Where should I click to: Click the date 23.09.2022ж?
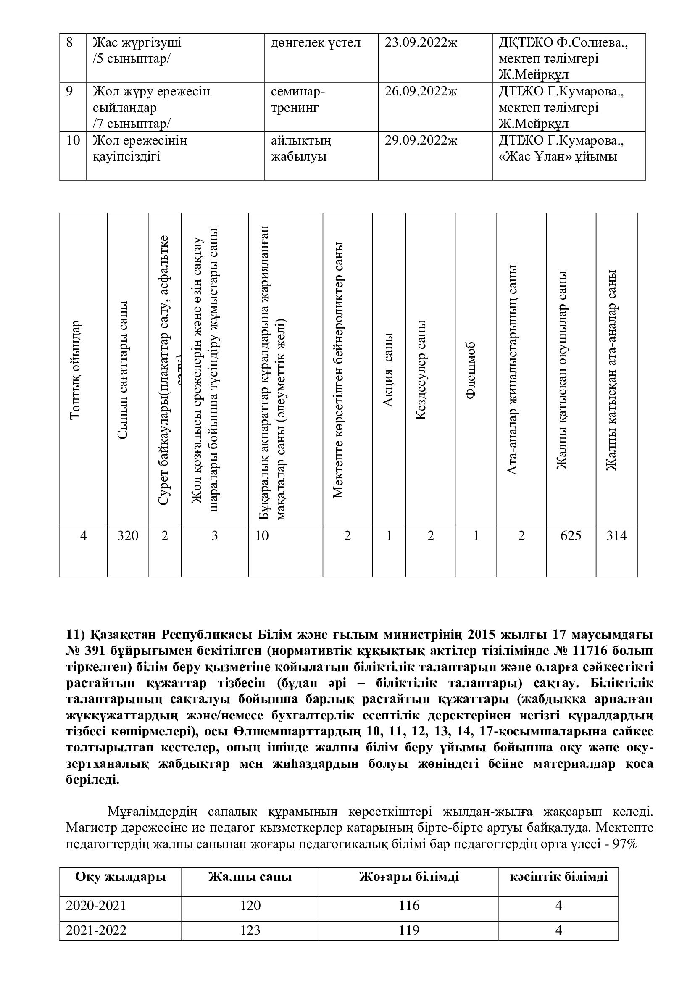(x=421, y=43)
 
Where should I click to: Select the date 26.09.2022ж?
(x=421, y=92)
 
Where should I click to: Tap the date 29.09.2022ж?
(x=421, y=140)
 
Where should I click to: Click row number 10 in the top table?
(x=73, y=140)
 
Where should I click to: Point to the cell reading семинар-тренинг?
(x=298, y=99)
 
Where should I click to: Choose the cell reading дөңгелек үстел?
(x=316, y=43)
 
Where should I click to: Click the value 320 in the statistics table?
(x=128, y=535)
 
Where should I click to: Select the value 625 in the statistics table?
(x=571, y=535)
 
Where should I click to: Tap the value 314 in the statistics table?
(x=616, y=535)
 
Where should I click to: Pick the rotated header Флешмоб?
(x=471, y=371)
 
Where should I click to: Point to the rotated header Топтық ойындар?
(x=75, y=370)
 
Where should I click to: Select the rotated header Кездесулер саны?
(x=421, y=370)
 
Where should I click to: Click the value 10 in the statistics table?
(x=262, y=535)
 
